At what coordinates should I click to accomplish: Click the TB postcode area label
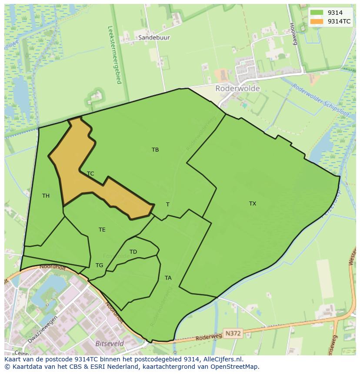pos(155,150)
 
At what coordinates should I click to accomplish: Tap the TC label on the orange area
pos(90,174)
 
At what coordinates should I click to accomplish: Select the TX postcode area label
pos(253,204)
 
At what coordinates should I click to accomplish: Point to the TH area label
pos(46,196)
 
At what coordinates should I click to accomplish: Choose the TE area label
pos(102,230)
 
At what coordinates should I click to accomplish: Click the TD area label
pos(133,252)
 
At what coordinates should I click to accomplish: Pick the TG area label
pos(99,265)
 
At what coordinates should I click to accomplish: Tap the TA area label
pos(168,278)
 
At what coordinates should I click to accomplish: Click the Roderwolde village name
pos(237,89)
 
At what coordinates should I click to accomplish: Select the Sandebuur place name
pos(154,38)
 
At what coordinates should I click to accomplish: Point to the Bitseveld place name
pos(109,344)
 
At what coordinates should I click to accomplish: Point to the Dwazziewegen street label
pos(43,333)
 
